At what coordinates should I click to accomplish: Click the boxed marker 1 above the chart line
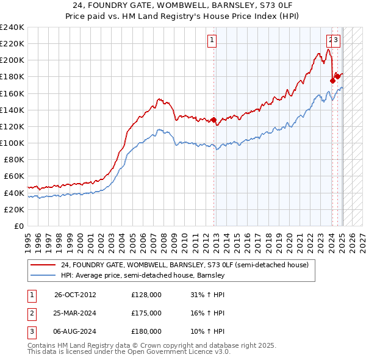click(212, 41)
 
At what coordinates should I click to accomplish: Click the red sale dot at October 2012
click(214, 120)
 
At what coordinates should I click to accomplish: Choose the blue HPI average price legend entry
click(143, 275)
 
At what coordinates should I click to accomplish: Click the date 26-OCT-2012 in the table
click(75, 295)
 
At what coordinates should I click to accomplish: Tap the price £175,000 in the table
click(146, 313)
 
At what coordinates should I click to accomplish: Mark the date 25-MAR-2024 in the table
click(76, 313)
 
